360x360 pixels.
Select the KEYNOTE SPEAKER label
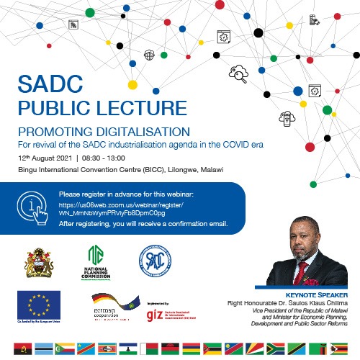pyautogui.click(x=317, y=294)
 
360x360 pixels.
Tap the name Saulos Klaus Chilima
pyautogui.click(x=315, y=302)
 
